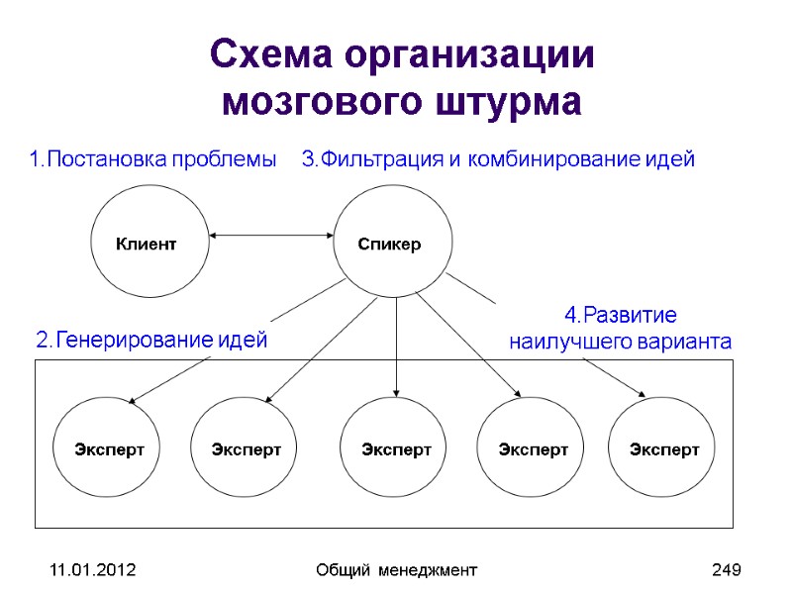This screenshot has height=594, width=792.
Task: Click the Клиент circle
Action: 148,244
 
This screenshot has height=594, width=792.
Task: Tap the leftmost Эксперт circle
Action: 109,449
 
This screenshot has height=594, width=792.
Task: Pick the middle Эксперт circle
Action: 396,449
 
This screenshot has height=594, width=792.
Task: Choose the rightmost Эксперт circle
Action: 664,449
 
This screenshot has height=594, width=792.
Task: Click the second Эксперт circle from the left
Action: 247,449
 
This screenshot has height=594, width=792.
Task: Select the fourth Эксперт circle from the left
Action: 534,449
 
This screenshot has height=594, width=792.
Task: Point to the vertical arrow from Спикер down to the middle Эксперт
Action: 396,346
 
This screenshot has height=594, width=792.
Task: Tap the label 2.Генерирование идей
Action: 151,342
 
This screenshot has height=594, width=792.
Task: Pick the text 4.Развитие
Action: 621,316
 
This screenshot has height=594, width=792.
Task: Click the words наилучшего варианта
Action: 621,343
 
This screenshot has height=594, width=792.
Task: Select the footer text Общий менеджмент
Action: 396,570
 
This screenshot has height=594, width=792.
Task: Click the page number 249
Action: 727,570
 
